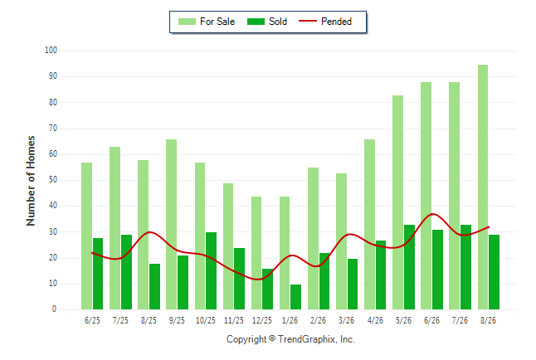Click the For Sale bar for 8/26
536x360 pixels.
(483, 187)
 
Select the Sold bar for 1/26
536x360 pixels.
(295, 297)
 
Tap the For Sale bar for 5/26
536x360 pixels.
(398, 202)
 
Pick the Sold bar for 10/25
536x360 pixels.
(211, 270)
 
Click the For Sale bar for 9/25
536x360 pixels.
(171, 224)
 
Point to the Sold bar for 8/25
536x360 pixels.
(154, 286)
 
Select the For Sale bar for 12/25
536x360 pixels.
(256, 253)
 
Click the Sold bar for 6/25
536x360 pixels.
(98, 274)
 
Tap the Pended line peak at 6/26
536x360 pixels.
(433, 214)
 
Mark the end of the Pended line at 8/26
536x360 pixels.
(489, 227)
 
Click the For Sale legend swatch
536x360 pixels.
(187, 22)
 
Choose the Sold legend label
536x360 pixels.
(278, 22)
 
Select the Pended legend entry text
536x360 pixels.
(336, 22)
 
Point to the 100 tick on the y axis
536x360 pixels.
(51, 51)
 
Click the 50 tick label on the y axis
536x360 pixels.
(53, 180)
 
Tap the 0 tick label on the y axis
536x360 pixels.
(55, 309)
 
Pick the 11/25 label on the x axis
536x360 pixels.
(234, 320)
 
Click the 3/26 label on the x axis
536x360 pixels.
(346, 320)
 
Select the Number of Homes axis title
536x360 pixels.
(31, 181)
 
